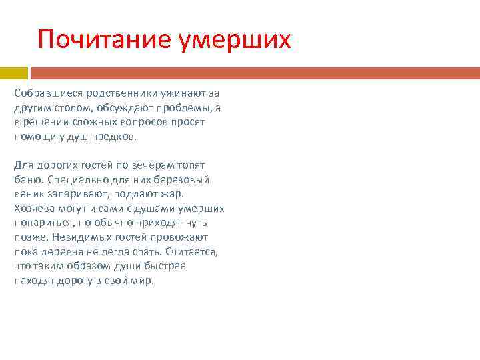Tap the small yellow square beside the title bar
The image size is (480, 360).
coord(13,73)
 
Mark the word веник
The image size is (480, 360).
coord(28,194)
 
